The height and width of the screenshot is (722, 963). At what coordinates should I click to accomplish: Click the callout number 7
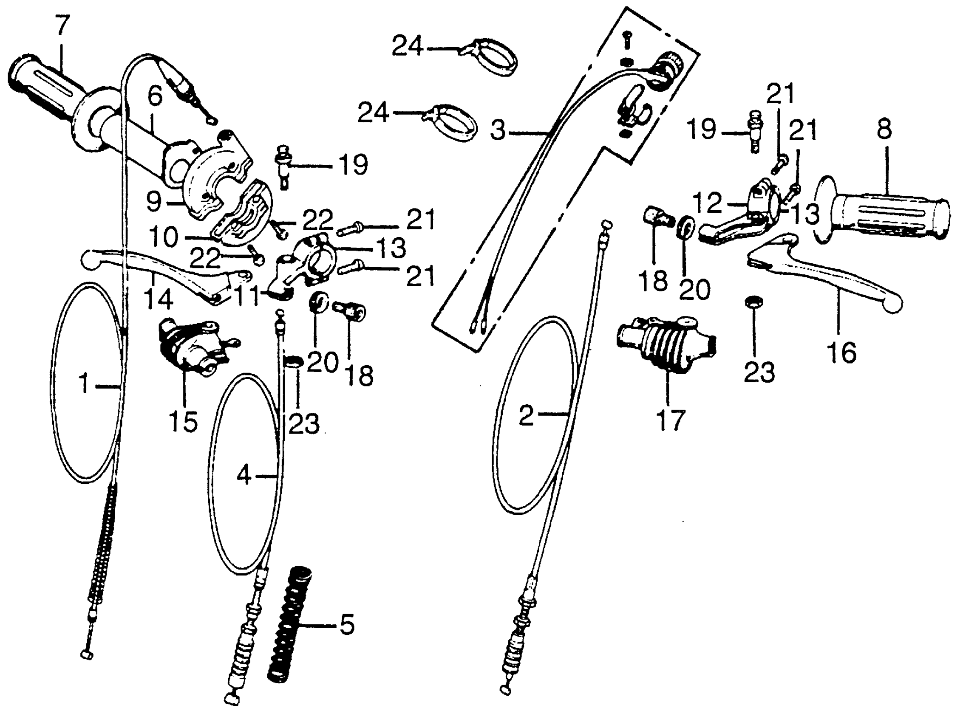(x=62, y=25)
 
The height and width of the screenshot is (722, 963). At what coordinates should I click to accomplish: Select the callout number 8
(x=884, y=129)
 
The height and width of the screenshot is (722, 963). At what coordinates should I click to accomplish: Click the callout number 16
(x=842, y=352)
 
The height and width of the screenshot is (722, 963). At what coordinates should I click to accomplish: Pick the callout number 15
(x=184, y=421)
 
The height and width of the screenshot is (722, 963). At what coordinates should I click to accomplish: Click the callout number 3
(x=498, y=130)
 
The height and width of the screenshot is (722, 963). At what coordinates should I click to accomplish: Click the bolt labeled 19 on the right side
(x=754, y=131)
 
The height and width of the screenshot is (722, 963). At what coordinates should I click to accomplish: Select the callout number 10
(x=164, y=237)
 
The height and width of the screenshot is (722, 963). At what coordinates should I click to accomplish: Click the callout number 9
(x=154, y=202)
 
